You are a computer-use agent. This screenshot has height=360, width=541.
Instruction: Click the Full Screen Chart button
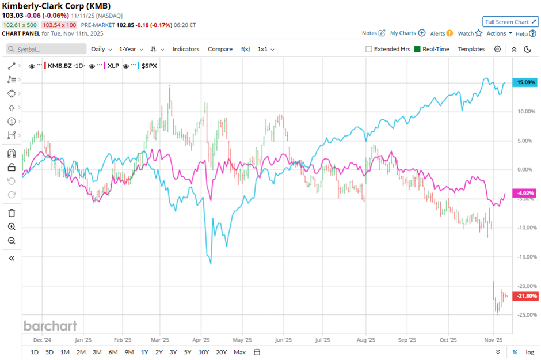(x=510, y=22)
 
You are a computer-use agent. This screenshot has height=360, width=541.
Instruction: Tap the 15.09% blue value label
(x=527, y=82)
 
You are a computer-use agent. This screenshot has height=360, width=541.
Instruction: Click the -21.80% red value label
(x=526, y=296)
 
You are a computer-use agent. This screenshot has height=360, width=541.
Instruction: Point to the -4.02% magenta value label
(x=527, y=193)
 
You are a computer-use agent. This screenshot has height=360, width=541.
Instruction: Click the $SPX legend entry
(x=148, y=66)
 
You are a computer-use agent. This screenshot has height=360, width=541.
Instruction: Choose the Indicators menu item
(x=186, y=49)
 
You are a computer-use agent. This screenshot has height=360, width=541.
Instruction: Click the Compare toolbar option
(x=220, y=49)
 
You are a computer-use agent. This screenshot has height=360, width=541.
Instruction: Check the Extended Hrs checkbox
(x=369, y=49)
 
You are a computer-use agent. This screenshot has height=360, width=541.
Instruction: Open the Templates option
(x=471, y=49)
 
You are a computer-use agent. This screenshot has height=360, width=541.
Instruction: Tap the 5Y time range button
(x=188, y=352)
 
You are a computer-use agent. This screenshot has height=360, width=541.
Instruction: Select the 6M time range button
(x=113, y=352)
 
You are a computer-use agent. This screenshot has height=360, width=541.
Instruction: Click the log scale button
(x=529, y=352)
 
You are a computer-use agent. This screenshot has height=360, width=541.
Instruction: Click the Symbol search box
(x=46, y=50)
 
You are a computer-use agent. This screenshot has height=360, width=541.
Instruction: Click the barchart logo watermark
(x=50, y=326)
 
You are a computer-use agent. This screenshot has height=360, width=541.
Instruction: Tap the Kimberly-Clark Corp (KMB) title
(x=57, y=6)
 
